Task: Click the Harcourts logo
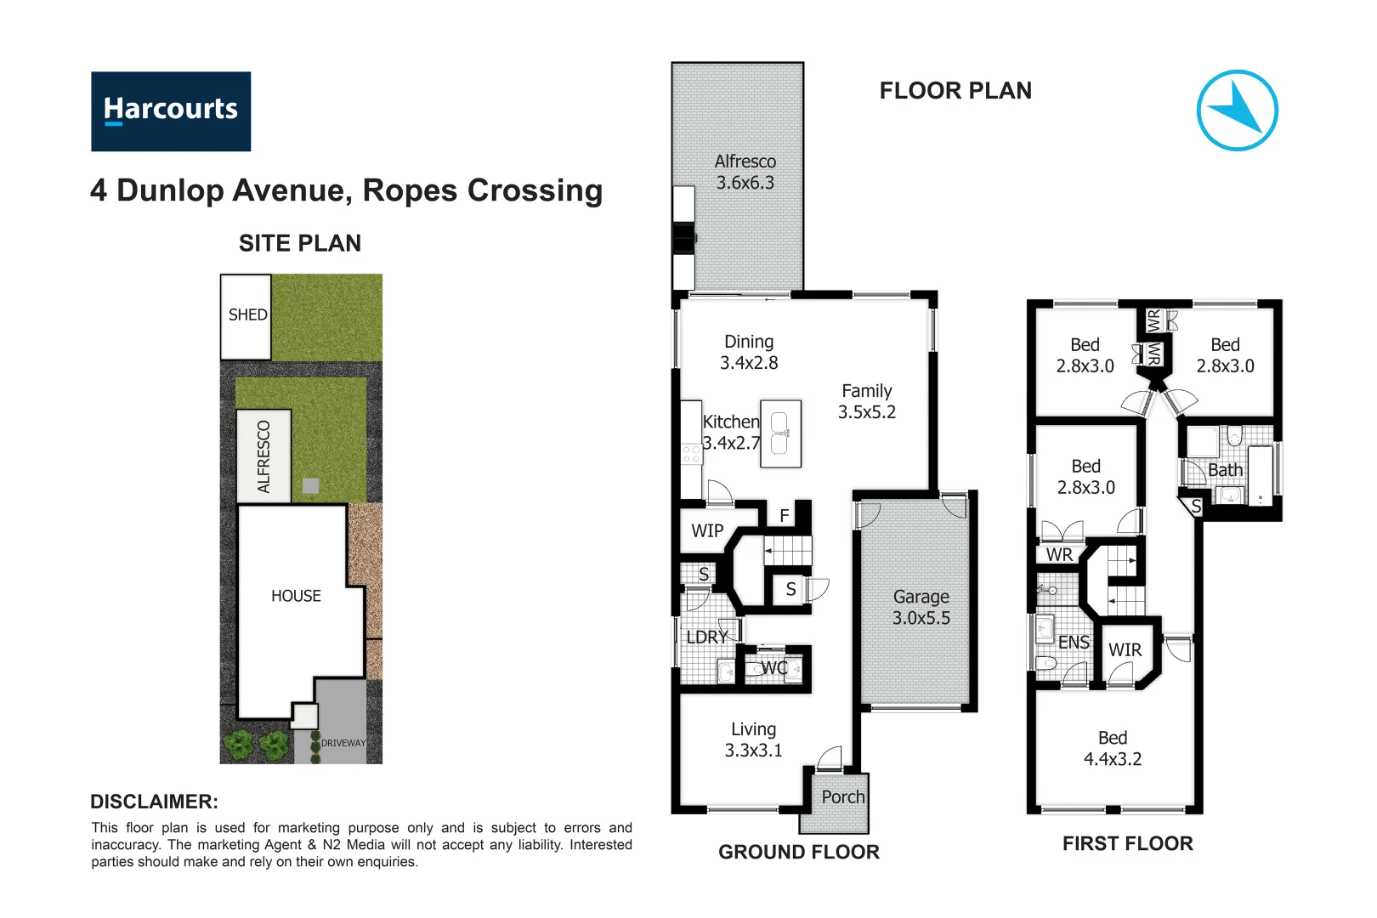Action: pyautogui.click(x=171, y=111)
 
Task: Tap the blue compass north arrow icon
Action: pyautogui.click(x=1237, y=110)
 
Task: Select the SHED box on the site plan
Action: pyautogui.click(x=246, y=316)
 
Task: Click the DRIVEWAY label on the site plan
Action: pyautogui.click(x=343, y=743)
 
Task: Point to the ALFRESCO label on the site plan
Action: pyautogui.click(x=264, y=456)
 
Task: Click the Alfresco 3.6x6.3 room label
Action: pyautogui.click(x=745, y=172)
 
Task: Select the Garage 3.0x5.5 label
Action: pyautogui.click(x=921, y=607)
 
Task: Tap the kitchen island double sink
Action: pyautogui.click(x=779, y=433)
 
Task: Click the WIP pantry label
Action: pyautogui.click(x=707, y=530)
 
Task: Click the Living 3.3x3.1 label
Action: pyautogui.click(x=753, y=739)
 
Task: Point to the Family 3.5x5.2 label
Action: pyautogui.click(x=866, y=401)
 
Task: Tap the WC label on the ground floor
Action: pyautogui.click(x=774, y=668)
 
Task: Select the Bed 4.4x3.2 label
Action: pyautogui.click(x=1112, y=748)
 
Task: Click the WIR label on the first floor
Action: pyautogui.click(x=1125, y=650)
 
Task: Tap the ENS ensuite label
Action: pyautogui.click(x=1074, y=643)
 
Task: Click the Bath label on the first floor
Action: pyautogui.click(x=1225, y=470)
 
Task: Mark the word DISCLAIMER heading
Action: pyautogui.click(x=154, y=802)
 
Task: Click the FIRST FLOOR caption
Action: pyautogui.click(x=1127, y=843)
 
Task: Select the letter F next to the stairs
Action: pyautogui.click(x=784, y=515)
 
